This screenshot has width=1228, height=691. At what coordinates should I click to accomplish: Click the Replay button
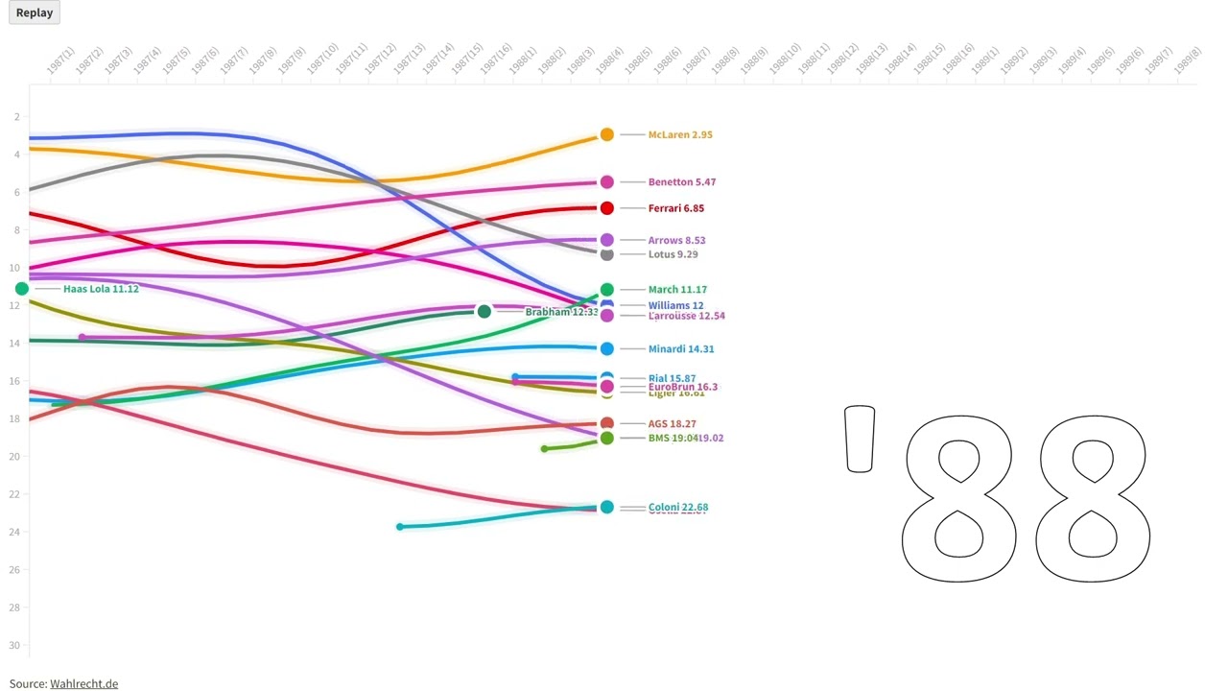[35, 12]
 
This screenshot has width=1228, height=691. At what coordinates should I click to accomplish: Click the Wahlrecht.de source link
[83, 683]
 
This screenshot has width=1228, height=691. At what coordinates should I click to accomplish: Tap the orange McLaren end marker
[606, 134]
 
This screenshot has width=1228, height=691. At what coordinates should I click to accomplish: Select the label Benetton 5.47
[681, 181]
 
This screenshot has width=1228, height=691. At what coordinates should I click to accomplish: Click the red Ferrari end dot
[606, 208]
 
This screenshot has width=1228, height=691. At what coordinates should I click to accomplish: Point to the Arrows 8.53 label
[676, 240]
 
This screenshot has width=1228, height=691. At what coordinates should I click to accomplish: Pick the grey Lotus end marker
[606, 254]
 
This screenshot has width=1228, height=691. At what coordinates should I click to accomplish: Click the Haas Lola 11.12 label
[101, 289]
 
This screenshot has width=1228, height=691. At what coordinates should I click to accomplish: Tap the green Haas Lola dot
[22, 289]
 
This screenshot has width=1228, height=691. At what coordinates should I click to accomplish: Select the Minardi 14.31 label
[680, 349]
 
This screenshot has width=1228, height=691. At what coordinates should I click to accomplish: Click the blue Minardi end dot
[606, 349]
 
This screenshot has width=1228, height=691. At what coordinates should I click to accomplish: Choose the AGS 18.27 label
[672, 423]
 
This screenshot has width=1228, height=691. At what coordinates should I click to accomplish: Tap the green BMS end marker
[606, 439]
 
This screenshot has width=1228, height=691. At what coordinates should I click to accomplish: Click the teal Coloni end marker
[606, 507]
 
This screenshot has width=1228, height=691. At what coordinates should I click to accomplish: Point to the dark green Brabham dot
[484, 311]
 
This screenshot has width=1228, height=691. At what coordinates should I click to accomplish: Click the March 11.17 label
[677, 289]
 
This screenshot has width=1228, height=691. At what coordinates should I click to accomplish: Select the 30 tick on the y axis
[16, 645]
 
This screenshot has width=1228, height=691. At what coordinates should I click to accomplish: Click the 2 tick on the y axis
[17, 117]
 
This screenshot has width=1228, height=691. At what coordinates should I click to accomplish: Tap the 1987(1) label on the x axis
[60, 61]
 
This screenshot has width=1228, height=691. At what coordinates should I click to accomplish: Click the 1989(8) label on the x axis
[1187, 61]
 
